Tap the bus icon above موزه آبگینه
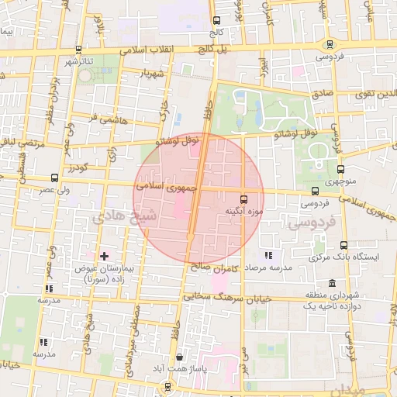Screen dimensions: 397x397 (244, 198)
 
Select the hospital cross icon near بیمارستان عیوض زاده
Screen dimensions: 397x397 (105, 255)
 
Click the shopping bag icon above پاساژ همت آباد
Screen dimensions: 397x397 (180, 357)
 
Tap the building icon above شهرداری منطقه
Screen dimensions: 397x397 (332, 282)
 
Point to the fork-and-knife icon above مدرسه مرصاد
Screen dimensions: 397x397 (268, 254)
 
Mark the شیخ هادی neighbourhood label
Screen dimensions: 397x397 (124, 216)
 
